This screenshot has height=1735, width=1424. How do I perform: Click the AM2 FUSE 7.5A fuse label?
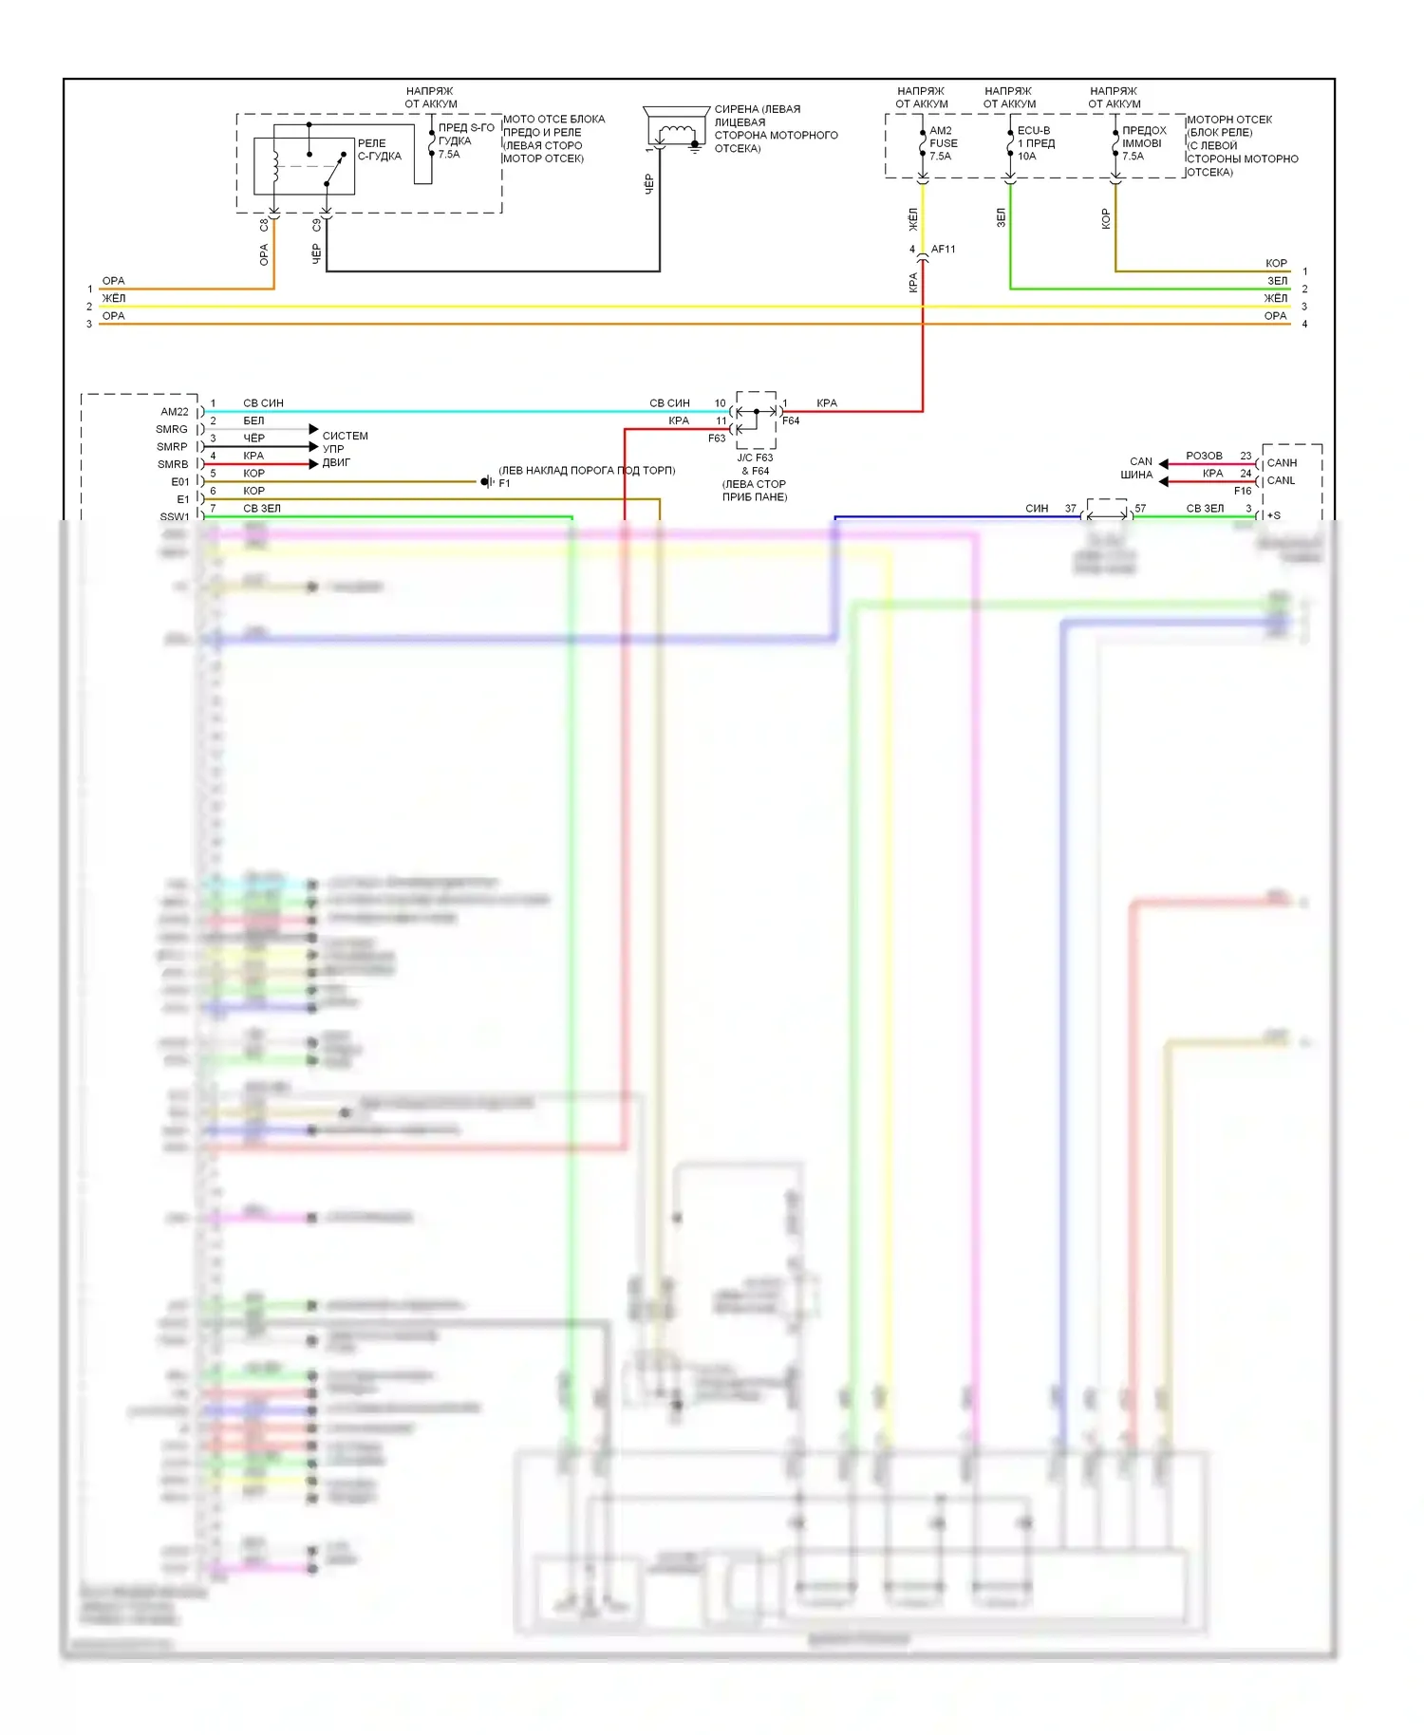coord(943,143)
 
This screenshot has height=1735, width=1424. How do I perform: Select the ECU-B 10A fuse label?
coord(1036,143)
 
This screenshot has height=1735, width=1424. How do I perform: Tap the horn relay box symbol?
coord(304,166)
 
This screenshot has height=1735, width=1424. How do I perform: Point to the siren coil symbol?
coord(675,132)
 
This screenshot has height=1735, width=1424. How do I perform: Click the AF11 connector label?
coord(943,250)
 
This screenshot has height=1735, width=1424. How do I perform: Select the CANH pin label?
coord(1282,463)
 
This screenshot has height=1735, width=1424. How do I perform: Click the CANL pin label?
coord(1281,480)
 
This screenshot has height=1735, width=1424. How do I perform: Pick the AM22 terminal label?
coord(175,412)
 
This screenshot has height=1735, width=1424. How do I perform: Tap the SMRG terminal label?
coord(172,430)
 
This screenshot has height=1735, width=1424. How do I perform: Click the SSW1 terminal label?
coord(175,517)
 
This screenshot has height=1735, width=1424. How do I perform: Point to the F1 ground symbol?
coord(487,482)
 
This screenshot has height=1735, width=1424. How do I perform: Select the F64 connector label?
coord(791,420)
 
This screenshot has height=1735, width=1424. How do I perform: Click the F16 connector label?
coord(1242,491)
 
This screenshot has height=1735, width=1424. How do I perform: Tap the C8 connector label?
coord(264,226)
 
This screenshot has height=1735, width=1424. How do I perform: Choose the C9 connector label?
coord(316,226)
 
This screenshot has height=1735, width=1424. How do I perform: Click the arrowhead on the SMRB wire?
coord(313,464)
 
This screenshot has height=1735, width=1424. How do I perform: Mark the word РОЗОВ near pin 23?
coord(1204,457)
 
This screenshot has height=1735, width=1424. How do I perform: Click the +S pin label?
coord(1274,515)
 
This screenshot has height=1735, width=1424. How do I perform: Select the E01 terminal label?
coord(179,482)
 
